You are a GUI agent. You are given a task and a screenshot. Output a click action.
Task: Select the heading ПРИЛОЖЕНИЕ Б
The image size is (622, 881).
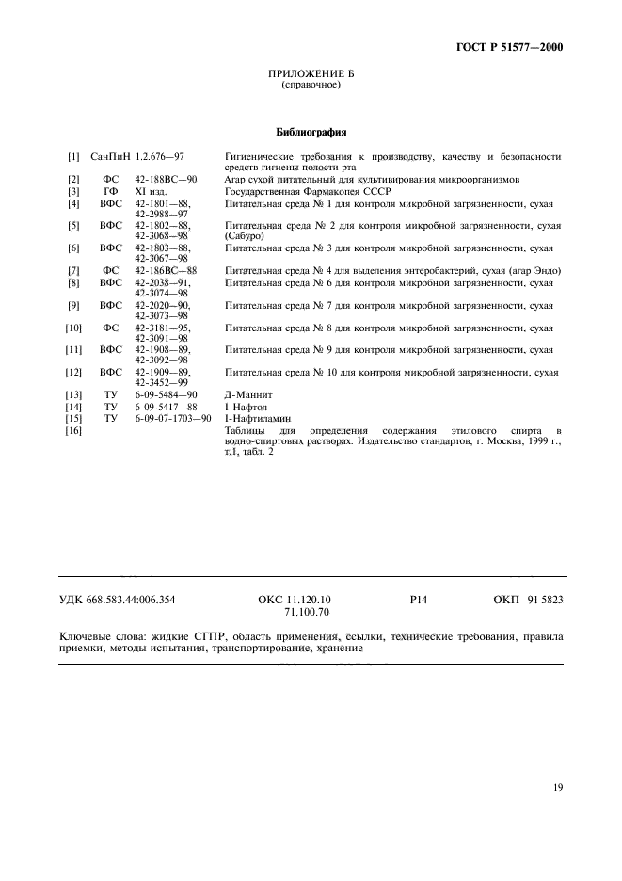point(311,74)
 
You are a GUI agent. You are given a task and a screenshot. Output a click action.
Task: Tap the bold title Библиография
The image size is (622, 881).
point(311,132)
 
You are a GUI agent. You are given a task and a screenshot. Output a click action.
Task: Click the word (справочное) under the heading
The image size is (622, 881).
point(311,86)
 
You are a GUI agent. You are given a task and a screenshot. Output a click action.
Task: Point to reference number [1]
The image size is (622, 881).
point(73,156)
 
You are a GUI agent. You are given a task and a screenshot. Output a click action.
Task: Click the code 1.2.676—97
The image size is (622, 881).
point(160,156)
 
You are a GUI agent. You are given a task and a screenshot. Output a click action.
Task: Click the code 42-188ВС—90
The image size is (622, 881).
point(166,179)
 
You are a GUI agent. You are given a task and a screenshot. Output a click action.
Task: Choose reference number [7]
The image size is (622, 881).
point(73,271)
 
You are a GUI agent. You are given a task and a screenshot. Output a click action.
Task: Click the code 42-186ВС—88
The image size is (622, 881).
point(166,271)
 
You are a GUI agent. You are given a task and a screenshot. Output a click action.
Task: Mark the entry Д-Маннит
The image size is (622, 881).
point(248,395)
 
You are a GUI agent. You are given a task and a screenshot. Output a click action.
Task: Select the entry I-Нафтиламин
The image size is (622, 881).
point(259,418)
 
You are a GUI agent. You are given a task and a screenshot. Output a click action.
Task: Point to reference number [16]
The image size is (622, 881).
point(73,430)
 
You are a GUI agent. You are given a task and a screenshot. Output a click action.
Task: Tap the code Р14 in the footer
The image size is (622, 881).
point(419,600)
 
